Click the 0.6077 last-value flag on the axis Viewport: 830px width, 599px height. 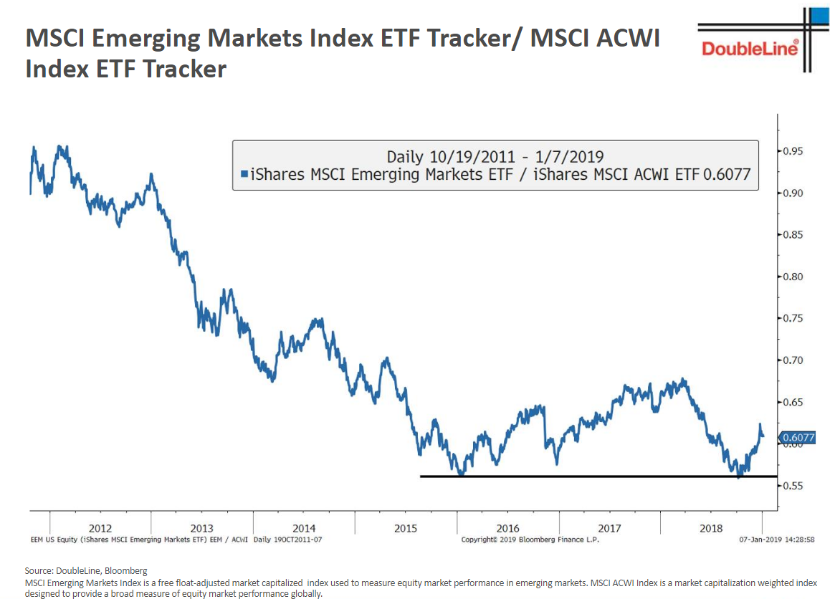point(798,437)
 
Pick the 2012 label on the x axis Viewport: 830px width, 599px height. point(100,529)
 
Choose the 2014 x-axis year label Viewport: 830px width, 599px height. point(304,529)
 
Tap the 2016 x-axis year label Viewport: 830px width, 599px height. point(507,529)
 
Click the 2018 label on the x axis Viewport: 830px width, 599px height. point(711,529)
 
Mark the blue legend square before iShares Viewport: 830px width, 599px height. point(244,174)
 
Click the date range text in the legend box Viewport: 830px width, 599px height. point(495,156)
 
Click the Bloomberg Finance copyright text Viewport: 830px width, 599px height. point(530,540)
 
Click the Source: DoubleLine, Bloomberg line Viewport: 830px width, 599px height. point(85,571)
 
